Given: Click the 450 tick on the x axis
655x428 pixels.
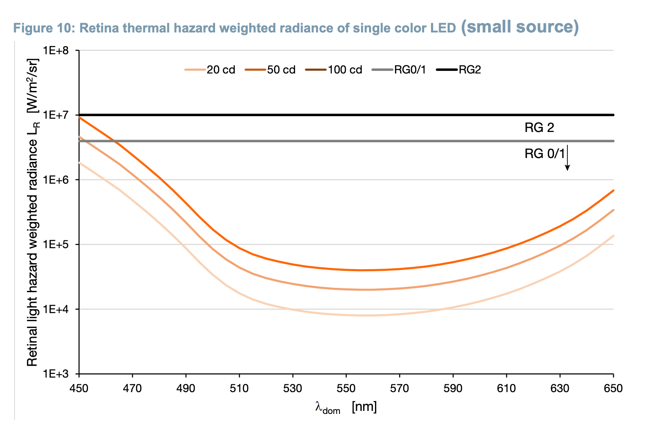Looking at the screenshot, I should click(x=79, y=388).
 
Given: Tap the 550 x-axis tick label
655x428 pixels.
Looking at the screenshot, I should click(x=346, y=388).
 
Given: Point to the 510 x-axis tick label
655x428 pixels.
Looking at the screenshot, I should click(x=239, y=388).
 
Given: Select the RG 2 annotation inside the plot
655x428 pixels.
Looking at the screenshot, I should click(x=539, y=128).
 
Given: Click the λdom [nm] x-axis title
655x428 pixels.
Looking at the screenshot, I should click(x=346, y=407).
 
